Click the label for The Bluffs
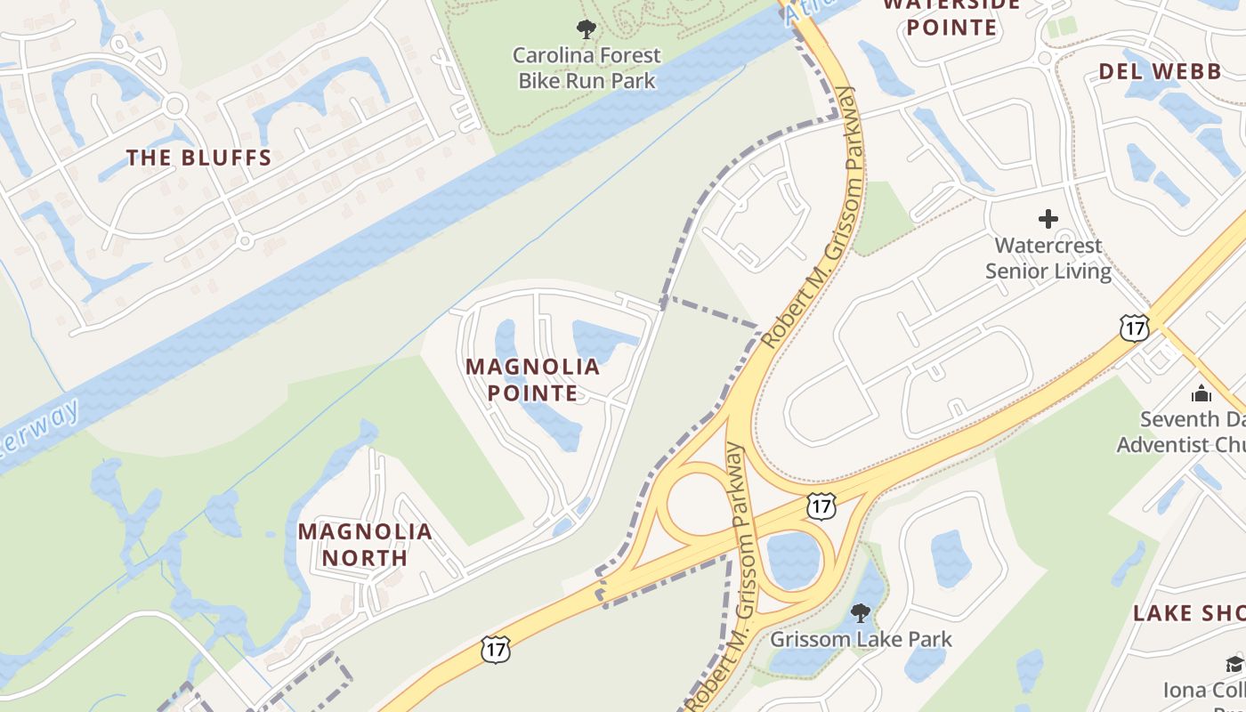click(x=198, y=158)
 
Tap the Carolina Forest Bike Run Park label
click(x=587, y=68)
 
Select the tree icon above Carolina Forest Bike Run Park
click(x=586, y=29)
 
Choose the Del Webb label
click(x=1159, y=72)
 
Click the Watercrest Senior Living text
click(x=1048, y=258)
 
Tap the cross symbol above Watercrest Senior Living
click(x=1048, y=218)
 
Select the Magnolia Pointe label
click(x=532, y=379)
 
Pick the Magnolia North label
click(x=365, y=545)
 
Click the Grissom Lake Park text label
click(x=861, y=639)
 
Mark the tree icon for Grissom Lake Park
click(x=860, y=612)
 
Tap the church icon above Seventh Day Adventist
click(x=1201, y=392)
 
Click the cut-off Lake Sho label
click(x=1188, y=613)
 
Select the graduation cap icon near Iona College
click(x=1234, y=664)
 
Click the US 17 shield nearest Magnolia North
click(x=495, y=649)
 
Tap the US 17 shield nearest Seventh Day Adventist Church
click(x=1135, y=328)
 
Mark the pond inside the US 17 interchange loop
click(x=792, y=560)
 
